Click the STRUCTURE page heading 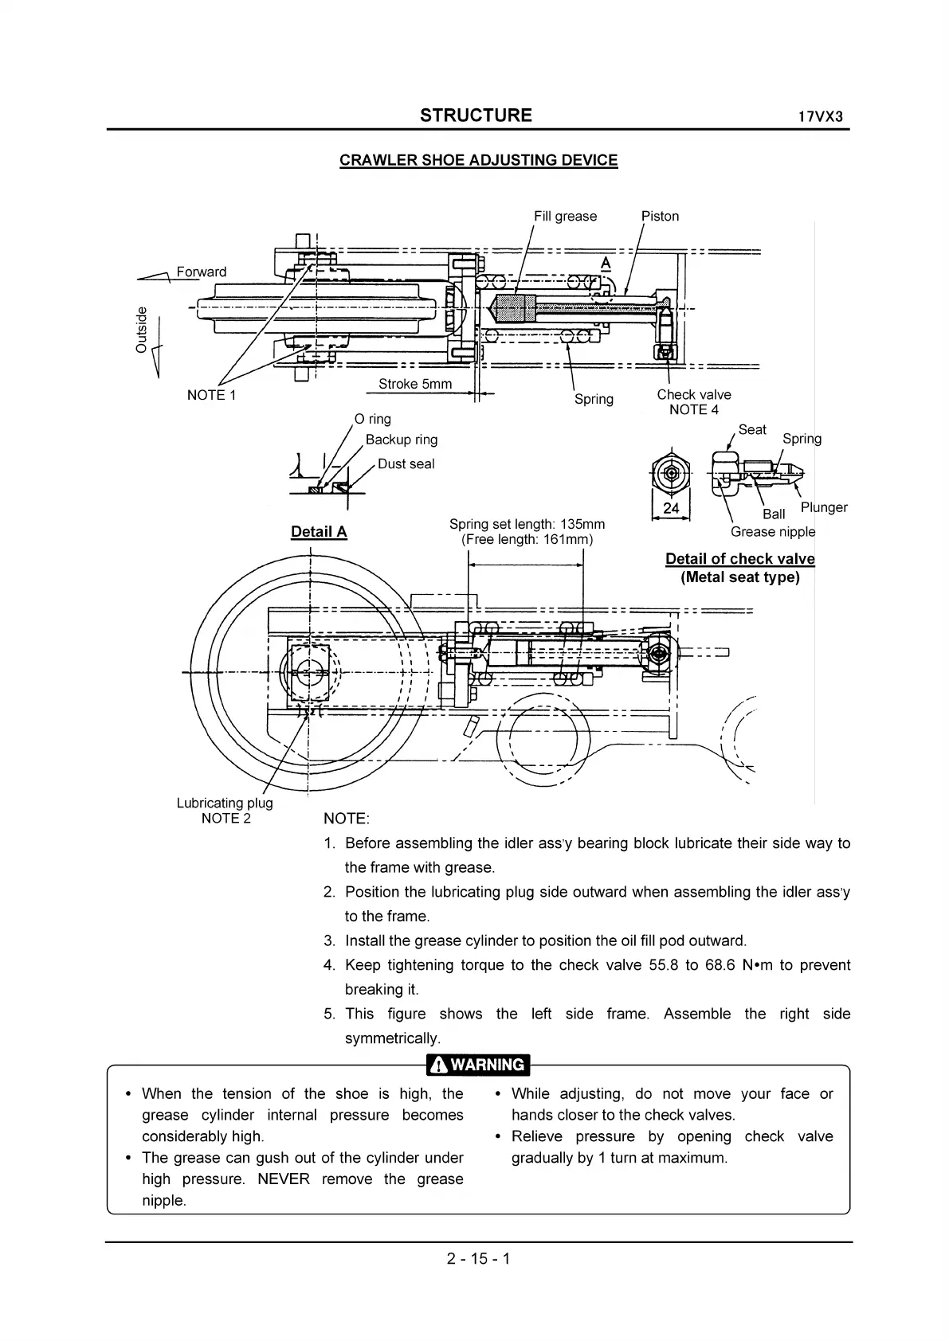pyautogui.click(x=476, y=115)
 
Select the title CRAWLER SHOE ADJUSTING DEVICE pyautogui.click(x=478, y=160)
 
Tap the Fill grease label pyautogui.click(x=565, y=216)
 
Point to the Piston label pyautogui.click(x=660, y=216)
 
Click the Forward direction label pyautogui.click(x=201, y=272)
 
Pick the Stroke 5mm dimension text pyautogui.click(x=414, y=384)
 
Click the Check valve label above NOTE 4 pyautogui.click(x=693, y=394)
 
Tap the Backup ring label pyautogui.click(x=401, y=440)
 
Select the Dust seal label pyautogui.click(x=406, y=463)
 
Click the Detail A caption pyautogui.click(x=319, y=532)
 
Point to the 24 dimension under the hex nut pyautogui.click(x=671, y=508)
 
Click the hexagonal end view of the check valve pyautogui.click(x=671, y=473)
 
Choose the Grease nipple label pyautogui.click(x=772, y=532)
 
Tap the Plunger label pyautogui.click(x=824, y=507)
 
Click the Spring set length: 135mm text pyautogui.click(x=527, y=524)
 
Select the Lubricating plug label pyautogui.click(x=224, y=803)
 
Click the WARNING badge pyautogui.click(x=478, y=1065)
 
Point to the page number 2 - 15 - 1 pyautogui.click(x=478, y=1259)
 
